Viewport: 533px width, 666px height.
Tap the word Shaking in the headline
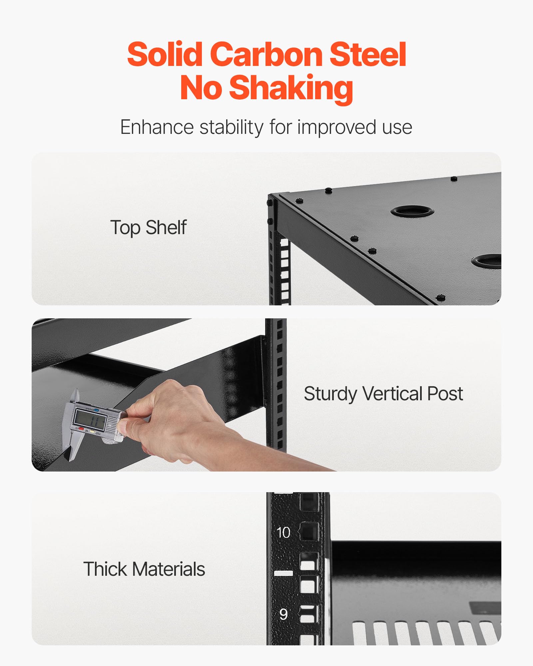(x=291, y=87)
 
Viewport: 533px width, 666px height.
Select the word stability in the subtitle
(x=232, y=127)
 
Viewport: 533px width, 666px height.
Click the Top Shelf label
(x=148, y=228)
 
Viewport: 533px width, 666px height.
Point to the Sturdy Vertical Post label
(x=383, y=394)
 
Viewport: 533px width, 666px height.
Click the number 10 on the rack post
(x=283, y=532)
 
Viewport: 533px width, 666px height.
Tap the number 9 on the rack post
(x=283, y=614)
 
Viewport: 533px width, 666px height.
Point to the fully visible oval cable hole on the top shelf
(x=412, y=211)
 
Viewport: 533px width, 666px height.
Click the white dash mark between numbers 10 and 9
(x=283, y=573)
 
